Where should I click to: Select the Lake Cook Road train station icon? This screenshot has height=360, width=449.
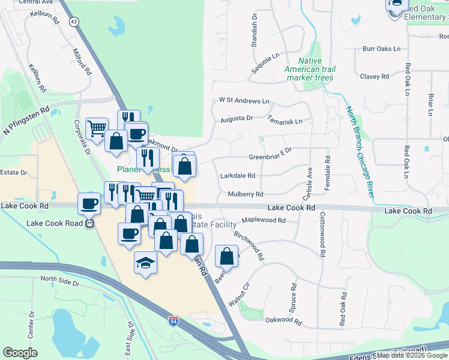click(x=90, y=224)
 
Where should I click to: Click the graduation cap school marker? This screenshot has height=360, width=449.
click(x=145, y=263)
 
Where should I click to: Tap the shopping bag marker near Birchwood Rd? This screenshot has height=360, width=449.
click(x=226, y=256)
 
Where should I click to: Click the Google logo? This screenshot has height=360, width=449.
click(x=20, y=353)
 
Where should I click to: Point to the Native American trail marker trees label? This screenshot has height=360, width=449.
click(x=310, y=70)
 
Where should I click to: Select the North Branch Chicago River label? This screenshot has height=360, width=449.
click(x=360, y=152)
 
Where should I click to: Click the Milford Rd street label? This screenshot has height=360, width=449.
click(x=82, y=62)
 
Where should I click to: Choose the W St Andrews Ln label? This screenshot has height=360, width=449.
click(x=244, y=101)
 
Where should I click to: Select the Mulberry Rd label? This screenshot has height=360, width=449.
click(x=246, y=194)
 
